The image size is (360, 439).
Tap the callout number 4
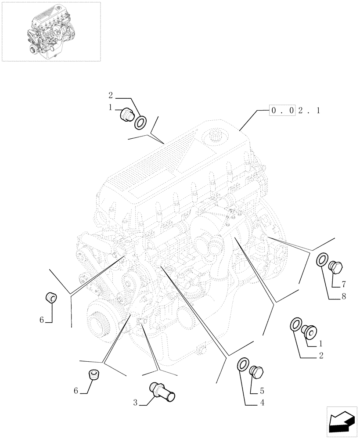263,402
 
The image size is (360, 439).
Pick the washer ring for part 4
242,365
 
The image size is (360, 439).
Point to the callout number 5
263,390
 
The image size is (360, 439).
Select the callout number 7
344,284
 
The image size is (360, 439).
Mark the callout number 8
344,296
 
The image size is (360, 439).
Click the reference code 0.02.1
295,111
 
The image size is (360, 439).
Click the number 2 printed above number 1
111,95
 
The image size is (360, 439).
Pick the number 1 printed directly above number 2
321,344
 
